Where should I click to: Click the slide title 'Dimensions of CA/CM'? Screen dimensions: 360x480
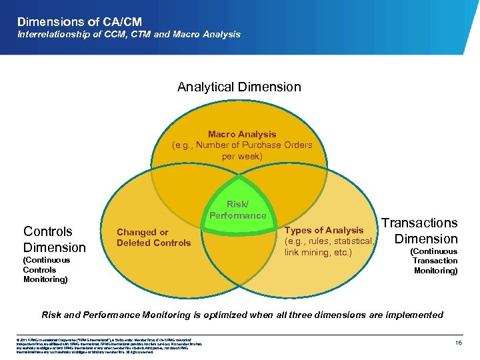pyautogui.click(x=79, y=22)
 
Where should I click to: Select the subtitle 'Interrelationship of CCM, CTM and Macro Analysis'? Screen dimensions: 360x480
pyautogui.click(x=129, y=34)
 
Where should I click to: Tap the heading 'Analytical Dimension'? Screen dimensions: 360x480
pyautogui.click(x=239, y=87)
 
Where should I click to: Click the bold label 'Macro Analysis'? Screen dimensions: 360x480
pyautogui.click(x=241, y=134)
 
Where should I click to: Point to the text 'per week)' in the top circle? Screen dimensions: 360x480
pyautogui.click(x=242, y=157)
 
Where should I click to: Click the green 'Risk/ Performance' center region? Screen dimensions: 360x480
pyautogui.click(x=237, y=210)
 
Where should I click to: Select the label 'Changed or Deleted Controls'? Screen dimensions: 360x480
pyautogui.click(x=153, y=237)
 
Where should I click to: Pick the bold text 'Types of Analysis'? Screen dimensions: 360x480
pyautogui.click(x=324, y=230)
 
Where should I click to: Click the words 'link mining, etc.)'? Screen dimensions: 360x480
pyautogui.click(x=318, y=252)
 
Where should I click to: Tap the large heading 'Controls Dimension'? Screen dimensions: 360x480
pyautogui.click(x=54, y=239)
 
